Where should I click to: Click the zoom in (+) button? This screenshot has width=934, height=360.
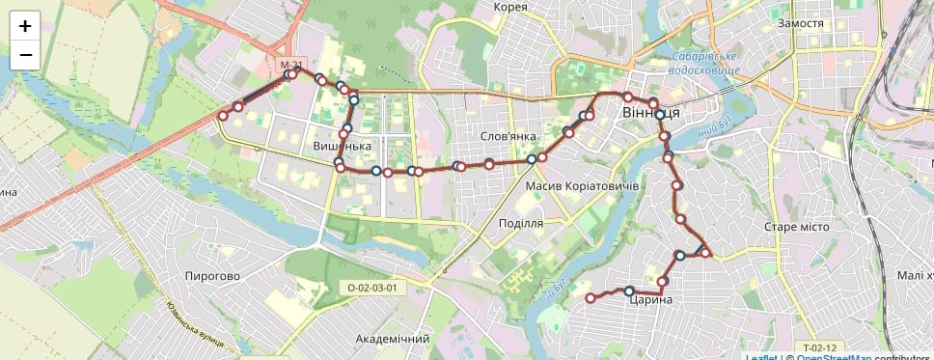(25, 26)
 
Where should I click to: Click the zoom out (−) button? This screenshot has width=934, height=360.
(25, 55)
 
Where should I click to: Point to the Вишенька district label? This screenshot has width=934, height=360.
(343, 147)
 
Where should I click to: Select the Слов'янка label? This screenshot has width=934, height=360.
(508, 136)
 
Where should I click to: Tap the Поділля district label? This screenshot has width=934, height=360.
(521, 223)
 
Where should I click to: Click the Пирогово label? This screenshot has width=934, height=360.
(212, 276)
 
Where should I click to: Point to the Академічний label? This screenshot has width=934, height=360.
(392, 340)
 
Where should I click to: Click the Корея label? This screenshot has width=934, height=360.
(510, 7)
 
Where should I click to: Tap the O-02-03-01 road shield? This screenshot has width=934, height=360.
(372, 288)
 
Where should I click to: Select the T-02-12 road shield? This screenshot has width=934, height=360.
(818, 347)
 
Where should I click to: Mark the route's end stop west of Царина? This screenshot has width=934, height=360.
(591, 299)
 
